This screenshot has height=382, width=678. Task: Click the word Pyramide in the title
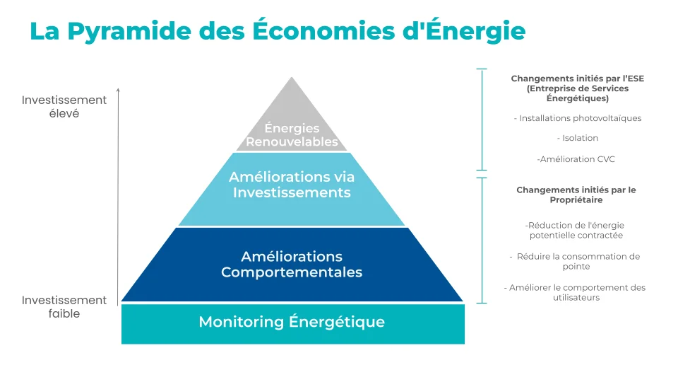click(129, 31)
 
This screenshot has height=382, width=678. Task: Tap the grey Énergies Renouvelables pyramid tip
click(292, 121)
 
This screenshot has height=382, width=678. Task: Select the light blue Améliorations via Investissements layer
click(292, 190)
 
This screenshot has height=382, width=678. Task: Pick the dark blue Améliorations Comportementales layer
click(292, 265)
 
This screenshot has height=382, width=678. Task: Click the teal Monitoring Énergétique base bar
click(292, 324)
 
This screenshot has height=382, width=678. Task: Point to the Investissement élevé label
click(64, 107)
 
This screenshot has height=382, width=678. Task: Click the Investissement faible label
click(64, 306)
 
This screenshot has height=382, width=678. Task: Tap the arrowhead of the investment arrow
click(118, 90)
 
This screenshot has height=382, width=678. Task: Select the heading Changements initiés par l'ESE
click(577, 88)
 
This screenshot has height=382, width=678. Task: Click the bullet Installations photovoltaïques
click(577, 118)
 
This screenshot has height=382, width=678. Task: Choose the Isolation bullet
click(577, 138)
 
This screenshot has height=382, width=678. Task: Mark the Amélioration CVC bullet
click(576, 159)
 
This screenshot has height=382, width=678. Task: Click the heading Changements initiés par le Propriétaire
click(576, 195)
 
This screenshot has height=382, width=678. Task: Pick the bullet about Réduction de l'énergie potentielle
click(576, 231)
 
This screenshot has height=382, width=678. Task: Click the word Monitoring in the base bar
click(241, 323)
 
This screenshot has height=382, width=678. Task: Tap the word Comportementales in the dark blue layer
click(292, 272)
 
